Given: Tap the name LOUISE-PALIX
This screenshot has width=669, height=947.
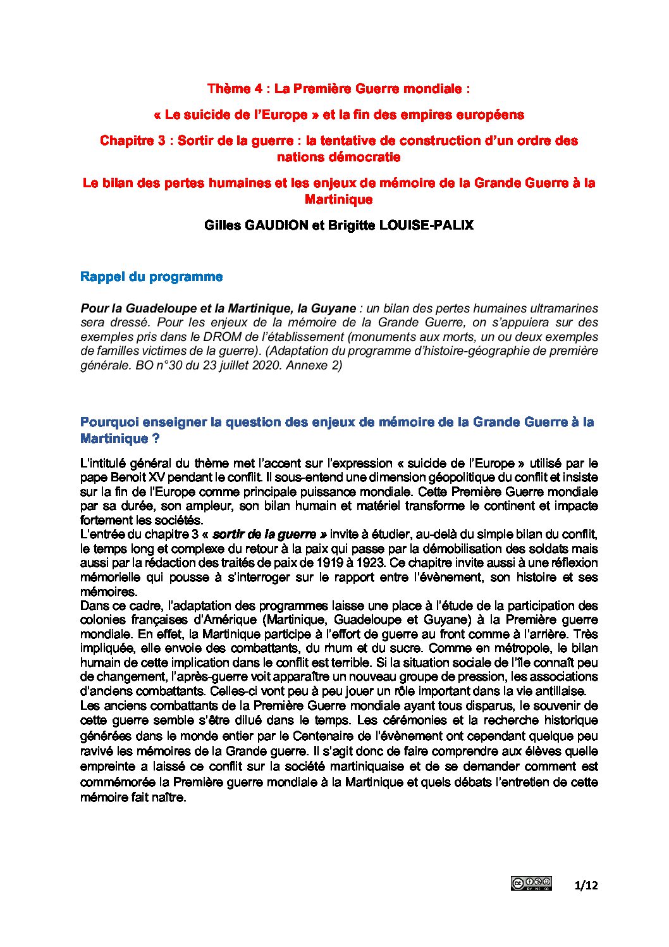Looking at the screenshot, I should point(426,225).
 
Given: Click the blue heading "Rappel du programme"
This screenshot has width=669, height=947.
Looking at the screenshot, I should point(151,276).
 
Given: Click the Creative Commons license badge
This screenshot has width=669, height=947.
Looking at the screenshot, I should point(531,884).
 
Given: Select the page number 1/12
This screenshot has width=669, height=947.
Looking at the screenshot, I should point(586,885).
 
